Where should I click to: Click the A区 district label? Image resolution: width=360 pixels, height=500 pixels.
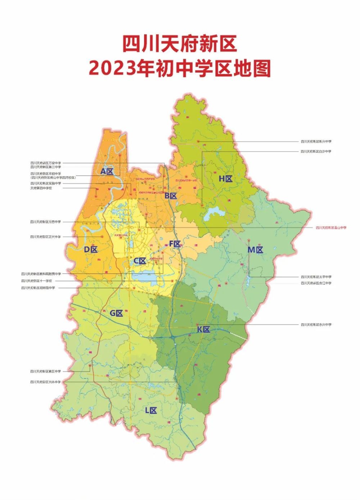107,171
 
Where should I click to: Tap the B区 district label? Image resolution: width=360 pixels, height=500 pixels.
171,196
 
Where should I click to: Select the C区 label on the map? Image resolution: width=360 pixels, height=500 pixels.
140,261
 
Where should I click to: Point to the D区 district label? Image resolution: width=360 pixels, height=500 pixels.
91,249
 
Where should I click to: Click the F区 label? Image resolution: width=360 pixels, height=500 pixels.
175,244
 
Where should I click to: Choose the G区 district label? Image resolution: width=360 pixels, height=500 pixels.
117,313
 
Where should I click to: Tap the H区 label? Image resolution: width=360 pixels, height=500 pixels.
226,179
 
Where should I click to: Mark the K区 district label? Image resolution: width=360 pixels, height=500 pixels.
203,329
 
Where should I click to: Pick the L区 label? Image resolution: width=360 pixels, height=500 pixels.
151,410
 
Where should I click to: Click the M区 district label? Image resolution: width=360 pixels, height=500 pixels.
255,250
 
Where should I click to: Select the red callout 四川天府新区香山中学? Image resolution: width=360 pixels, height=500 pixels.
331,228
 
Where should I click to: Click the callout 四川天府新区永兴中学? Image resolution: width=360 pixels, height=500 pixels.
316,325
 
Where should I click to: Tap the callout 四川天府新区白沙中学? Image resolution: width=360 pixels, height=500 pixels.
316,152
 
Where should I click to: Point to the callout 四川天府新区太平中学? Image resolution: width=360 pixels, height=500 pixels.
316,277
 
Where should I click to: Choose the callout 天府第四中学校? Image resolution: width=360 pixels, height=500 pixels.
41,188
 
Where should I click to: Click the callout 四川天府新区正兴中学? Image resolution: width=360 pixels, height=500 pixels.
45,237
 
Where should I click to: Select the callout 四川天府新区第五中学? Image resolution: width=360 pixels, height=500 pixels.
45,371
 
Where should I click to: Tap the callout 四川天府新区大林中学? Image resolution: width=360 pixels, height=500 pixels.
45,382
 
